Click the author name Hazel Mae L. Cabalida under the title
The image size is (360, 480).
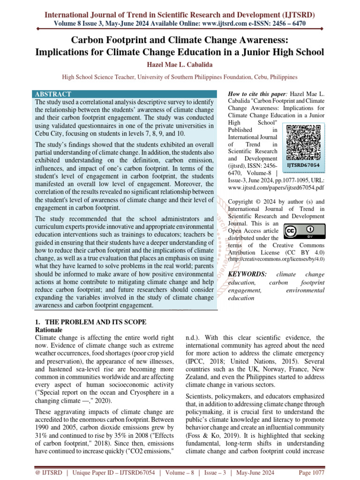180,64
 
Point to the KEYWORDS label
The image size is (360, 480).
247,274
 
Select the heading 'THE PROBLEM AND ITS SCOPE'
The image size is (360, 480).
91,322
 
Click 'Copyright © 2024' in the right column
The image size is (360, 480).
253,202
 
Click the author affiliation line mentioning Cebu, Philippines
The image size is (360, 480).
180,76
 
